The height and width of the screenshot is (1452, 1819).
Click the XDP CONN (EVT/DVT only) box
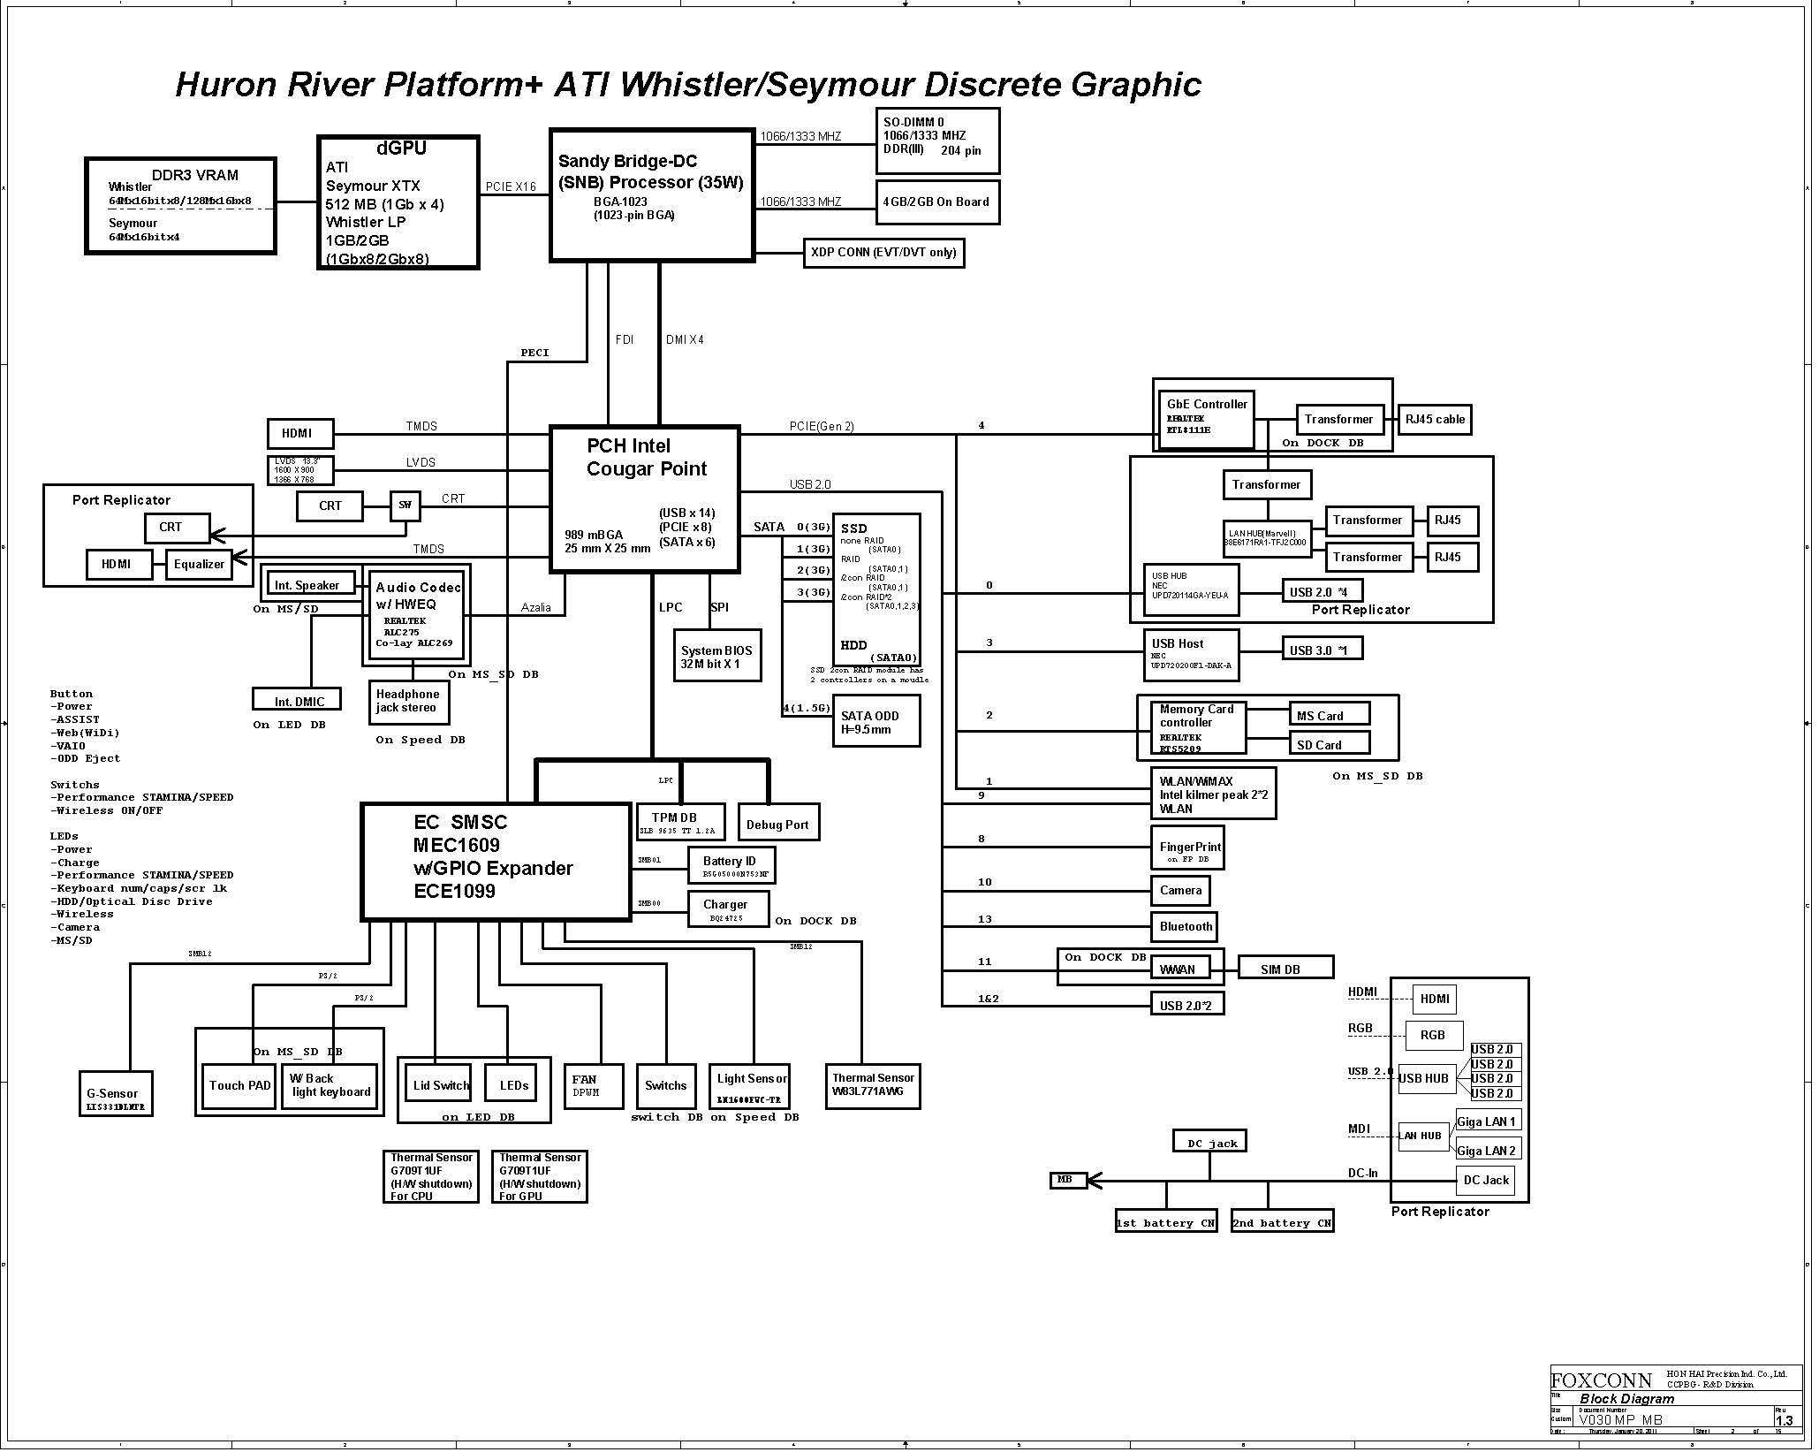pyautogui.click(x=883, y=253)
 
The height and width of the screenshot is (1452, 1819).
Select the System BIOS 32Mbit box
pyautogui.click(x=716, y=656)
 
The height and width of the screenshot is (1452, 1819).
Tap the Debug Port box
pyautogui.click(x=777, y=823)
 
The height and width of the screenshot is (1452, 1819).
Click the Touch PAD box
pyautogui.click(x=239, y=1086)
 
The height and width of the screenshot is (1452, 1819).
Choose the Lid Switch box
pyautogui.click(x=441, y=1086)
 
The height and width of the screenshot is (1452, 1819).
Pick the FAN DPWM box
pyautogui.click(x=592, y=1086)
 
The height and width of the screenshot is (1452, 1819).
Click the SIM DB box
pyautogui.click(x=1285, y=969)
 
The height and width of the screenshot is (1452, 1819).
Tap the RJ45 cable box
pyautogui.click(x=1435, y=420)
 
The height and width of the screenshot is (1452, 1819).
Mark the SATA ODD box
pyautogui.click(x=875, y=722)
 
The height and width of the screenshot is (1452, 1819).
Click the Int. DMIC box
pyautogui.click(x=299, y=701)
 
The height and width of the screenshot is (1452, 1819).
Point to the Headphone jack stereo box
pyautogui.click(x=409, y=702)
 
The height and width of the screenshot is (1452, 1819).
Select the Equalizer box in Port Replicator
pyautogui.click(x=199, y=565)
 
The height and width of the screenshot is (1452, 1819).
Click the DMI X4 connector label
pyautogui.click(x=685, y=340)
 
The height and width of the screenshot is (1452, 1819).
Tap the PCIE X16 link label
pyautogui.click(x=511, y=186)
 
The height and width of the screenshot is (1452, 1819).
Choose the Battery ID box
pyautogui.click(x=731, y=865)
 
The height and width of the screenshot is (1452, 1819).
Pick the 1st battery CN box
pyautogui.click(x=1165, y=1223)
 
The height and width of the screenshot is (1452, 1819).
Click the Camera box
pyautogui.click(x=1180, y=891)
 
